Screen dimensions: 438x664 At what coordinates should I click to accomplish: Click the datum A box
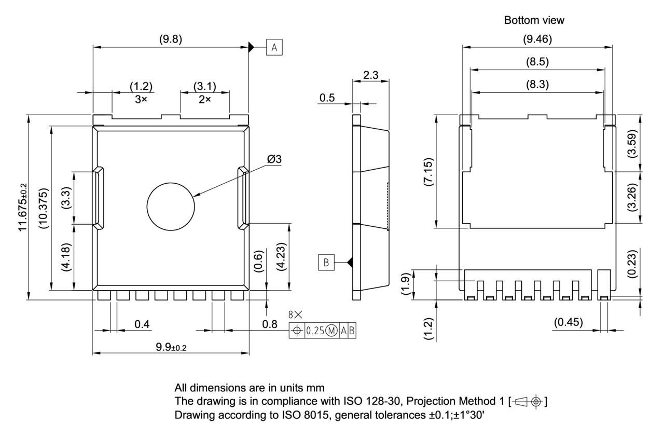pos(274,48)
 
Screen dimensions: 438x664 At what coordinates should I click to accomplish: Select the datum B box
pos(326,263)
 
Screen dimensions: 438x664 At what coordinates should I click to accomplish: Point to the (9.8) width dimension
pos(171,39)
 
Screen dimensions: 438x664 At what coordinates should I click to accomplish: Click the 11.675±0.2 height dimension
pos(23,207)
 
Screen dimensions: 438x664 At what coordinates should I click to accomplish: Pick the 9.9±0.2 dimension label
pos(171,347)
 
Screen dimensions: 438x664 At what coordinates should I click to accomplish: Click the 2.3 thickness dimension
pos(370,75)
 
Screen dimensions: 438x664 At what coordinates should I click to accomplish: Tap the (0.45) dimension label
pos(568,322)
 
